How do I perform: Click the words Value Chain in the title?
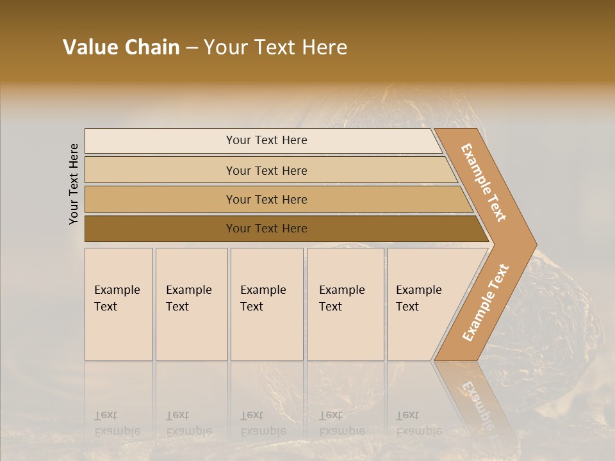[121, 47]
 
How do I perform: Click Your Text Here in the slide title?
[275, 47]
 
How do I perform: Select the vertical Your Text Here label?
[74, 184]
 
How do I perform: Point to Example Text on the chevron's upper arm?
[484, 182]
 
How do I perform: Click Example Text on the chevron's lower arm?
[486, 303]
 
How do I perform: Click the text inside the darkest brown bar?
[266, 229]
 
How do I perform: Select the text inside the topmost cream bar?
[266, 140]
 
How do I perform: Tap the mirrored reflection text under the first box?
[117, 423]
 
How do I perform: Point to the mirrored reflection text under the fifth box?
[418, 423]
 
